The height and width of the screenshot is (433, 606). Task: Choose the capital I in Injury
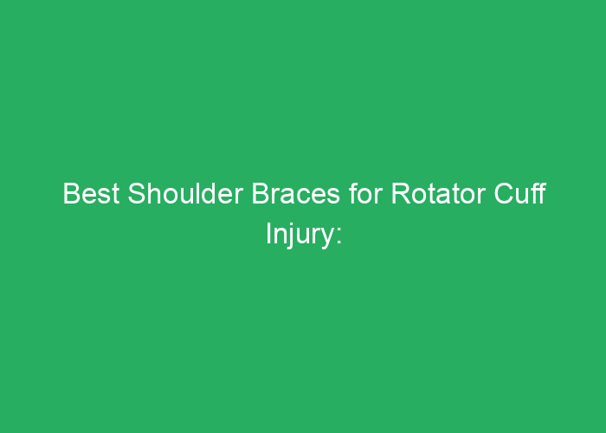point(268,234)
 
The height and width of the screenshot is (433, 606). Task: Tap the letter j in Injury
point(290,236)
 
